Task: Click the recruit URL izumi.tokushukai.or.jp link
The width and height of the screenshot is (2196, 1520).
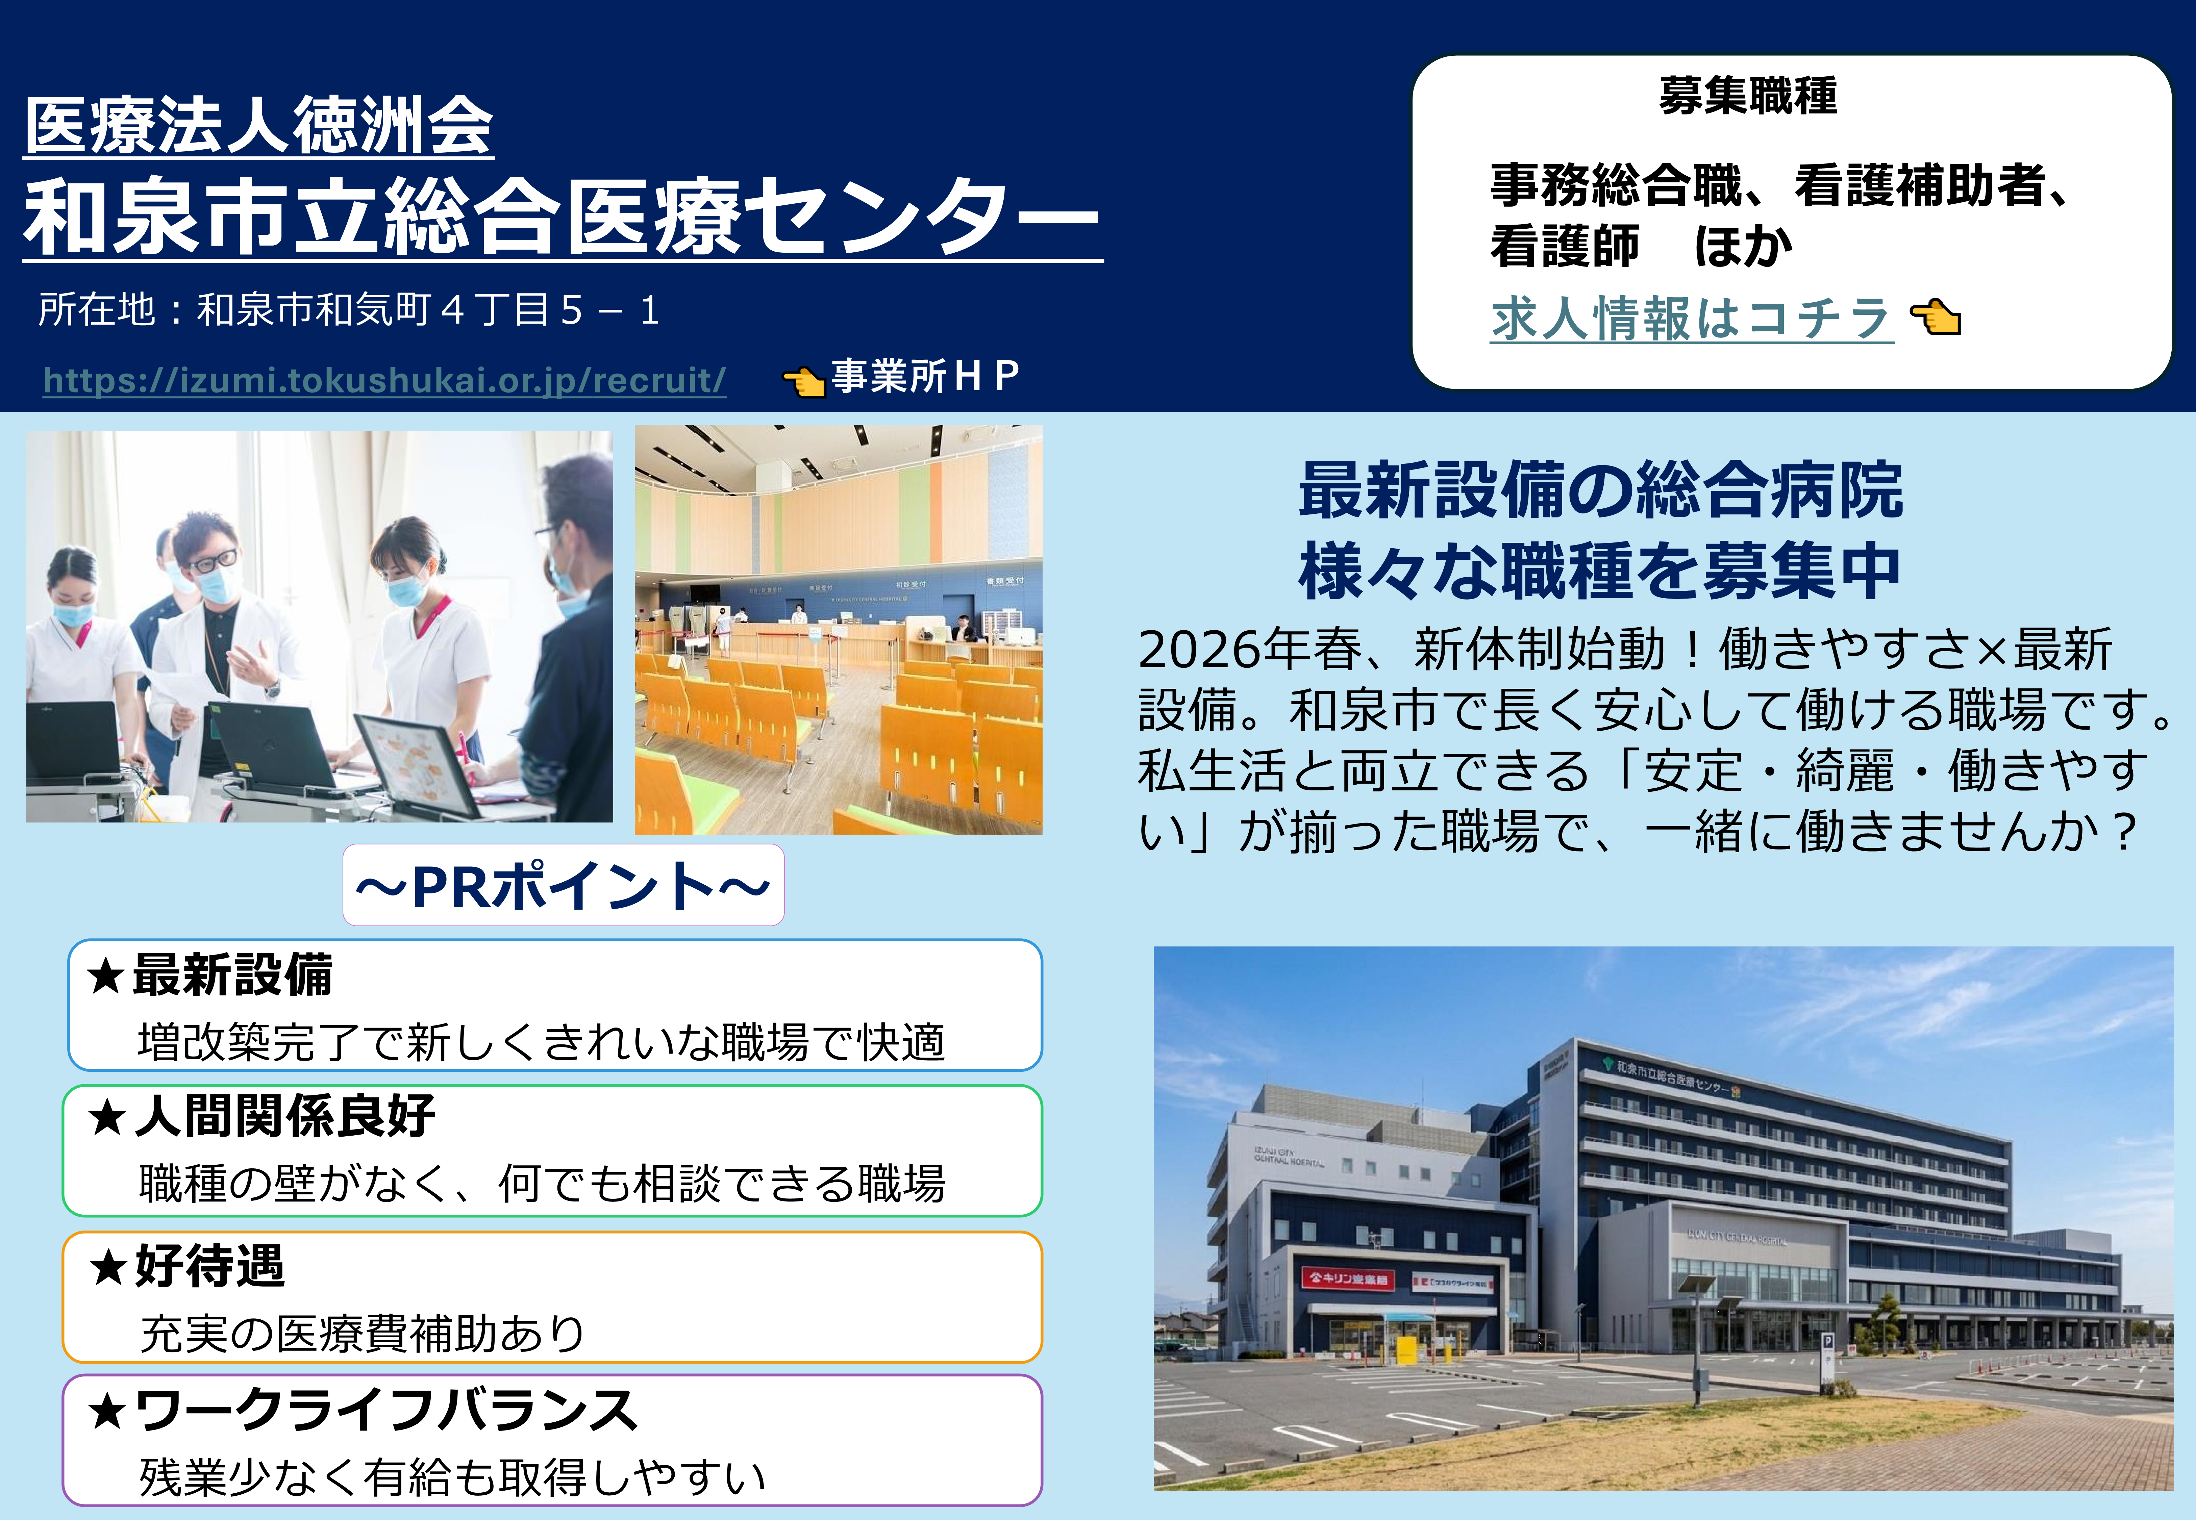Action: [385, 380]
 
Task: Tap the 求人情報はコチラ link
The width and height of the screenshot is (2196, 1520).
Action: [1691, 318]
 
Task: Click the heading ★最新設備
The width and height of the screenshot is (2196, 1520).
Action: [209, 974]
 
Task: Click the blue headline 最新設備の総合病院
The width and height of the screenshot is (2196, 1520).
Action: [1601, 491]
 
